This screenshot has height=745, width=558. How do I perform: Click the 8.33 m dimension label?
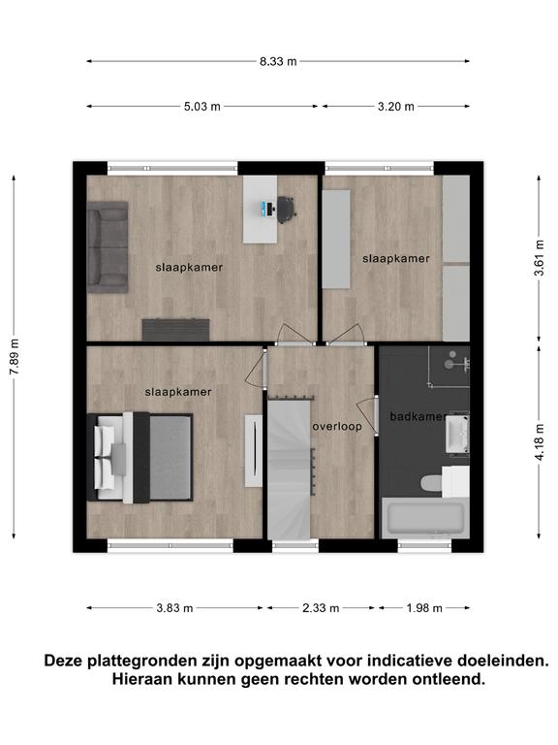coord(278,61)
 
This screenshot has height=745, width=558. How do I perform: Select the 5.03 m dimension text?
coord(202,107)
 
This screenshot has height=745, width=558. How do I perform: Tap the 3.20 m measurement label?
coord(395,107)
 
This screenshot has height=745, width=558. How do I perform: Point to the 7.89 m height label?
coord(15,357)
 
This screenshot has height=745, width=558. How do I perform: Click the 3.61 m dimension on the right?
coord(539,258)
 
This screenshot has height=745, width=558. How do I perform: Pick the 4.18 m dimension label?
coord(539,442)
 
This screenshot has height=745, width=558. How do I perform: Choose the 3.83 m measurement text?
coord(174,608)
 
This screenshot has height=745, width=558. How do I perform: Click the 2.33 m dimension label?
coord(321,608)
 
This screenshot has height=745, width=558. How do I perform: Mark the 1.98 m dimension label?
coord(424,608)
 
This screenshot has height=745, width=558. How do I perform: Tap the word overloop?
coord(337,427)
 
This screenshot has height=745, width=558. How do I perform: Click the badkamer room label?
coord(418,417)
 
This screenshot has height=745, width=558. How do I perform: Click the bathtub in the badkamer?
coord(425,518)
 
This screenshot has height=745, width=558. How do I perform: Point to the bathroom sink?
coord(457,433)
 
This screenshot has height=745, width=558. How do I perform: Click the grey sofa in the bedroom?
coord(108,247)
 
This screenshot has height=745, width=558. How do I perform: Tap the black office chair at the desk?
coord(286,210)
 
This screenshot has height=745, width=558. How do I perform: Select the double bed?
coord(139,458)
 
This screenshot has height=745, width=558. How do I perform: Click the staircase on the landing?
coord(290,470)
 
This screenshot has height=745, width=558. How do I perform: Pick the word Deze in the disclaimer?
coord(63,661)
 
